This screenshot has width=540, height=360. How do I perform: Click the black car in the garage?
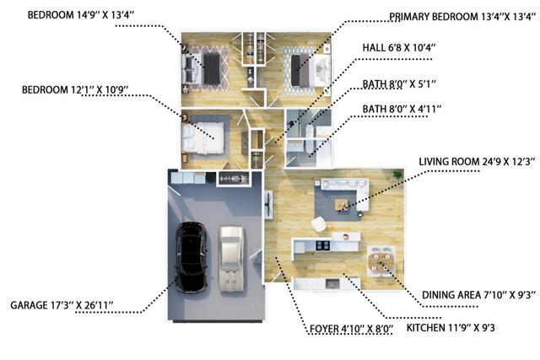[x=192, y=257]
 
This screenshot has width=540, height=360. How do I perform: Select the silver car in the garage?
[x=231, y=258]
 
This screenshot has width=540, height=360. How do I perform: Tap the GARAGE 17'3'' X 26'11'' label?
[x=62, y=305]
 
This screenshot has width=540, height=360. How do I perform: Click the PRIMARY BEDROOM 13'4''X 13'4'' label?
[x=462, y=17]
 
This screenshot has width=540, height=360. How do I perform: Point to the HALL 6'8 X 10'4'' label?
[x=399, y=47]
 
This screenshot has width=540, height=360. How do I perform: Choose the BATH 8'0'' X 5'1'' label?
[x=399, y=84]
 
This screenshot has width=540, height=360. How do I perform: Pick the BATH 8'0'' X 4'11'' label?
[x=402, y=109]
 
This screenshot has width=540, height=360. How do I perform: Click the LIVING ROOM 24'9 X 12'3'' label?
[x=477, y=162]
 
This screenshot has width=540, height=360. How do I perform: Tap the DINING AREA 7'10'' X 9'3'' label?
[x=478, y=295]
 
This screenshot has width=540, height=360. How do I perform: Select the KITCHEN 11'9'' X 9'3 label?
[x=451, y=328]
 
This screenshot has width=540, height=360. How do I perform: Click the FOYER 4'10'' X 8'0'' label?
[x=351, y=329]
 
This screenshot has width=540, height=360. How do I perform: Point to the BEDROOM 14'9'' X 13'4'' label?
[x=81, y=15]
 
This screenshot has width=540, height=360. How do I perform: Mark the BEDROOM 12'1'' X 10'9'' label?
[x=75, y=90]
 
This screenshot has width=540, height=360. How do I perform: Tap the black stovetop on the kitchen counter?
[x=322, y=245]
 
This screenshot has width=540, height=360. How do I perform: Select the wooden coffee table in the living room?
[x=341, y=205]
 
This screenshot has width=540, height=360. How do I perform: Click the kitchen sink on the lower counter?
[x=332, y=283]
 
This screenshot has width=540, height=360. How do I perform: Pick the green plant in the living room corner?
[x=397, y=175]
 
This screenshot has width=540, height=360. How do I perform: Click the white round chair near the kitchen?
[x=319, y=224]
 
